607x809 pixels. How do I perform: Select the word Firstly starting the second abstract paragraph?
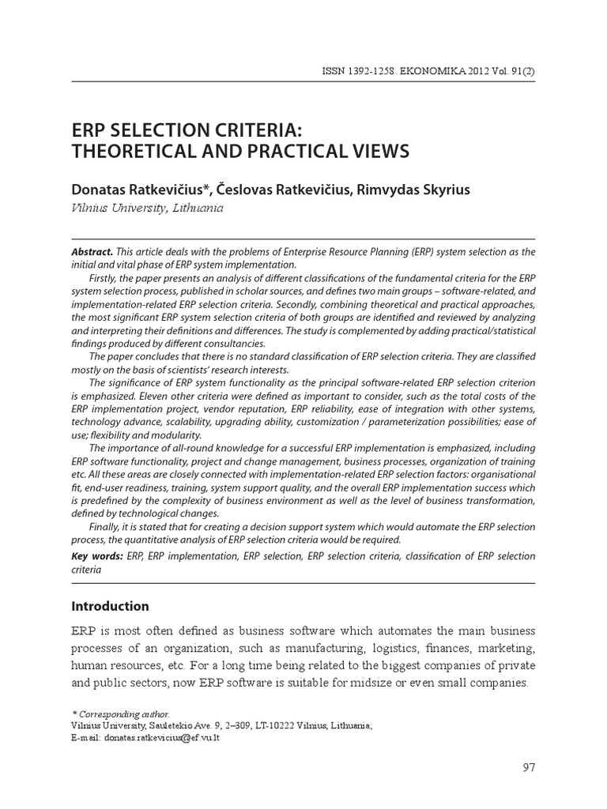click(x=106, y=277)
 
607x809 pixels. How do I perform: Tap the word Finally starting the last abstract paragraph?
click(x=107, y=527)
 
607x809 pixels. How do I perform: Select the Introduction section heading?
click(x=110, y=607)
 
